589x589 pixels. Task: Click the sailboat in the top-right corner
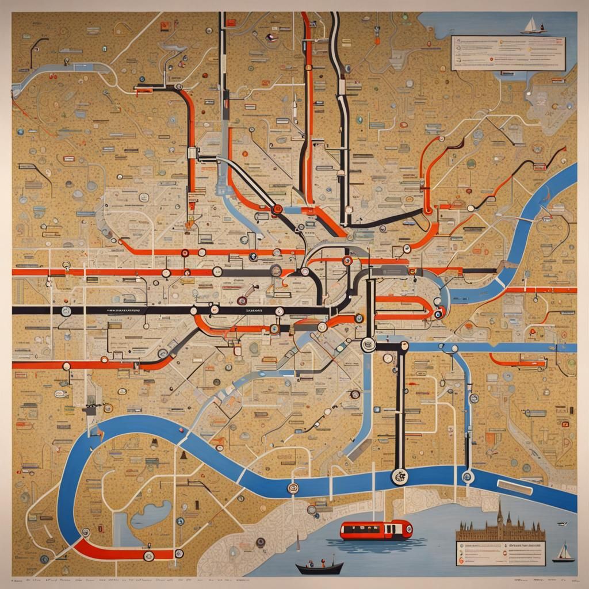(x=532, y=25)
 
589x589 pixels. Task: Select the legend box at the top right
(x=508, y=53)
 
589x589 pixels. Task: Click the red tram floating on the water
(x=376, y=530)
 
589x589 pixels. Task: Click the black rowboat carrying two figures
(x=319, y=567)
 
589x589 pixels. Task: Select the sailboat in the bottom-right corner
(x=563, y=553)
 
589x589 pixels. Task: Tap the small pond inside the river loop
(x=151, y=514)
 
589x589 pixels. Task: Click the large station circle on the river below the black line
(x=399, y=476)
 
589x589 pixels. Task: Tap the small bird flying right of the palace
(x=563, y=523)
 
